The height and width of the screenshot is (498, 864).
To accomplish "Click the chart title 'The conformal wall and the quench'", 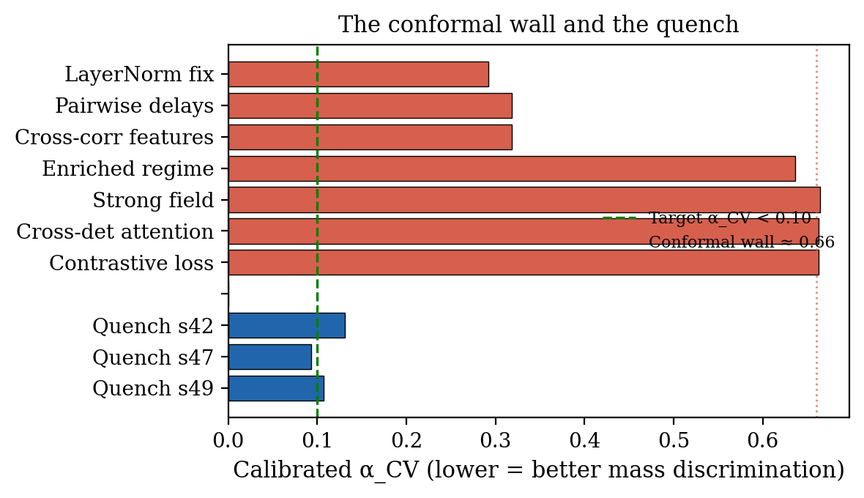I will coord(538,25).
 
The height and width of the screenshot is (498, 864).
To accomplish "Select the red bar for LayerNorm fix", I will coord(358,74).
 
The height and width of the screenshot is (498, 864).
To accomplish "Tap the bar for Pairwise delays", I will coord(370,105).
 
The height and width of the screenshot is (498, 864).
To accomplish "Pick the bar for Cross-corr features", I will coord(370,137).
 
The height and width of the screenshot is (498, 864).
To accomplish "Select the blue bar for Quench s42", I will coord(286,325).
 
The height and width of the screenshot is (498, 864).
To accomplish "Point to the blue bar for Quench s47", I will coord(269,357).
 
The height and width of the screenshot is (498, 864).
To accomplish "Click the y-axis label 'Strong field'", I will coord(153,200).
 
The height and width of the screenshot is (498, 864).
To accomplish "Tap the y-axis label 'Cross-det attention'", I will coord(115,231).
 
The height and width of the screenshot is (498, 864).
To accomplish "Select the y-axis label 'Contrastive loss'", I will coord(131,263).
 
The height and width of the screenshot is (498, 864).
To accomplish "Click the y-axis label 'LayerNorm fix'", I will coord(139,74).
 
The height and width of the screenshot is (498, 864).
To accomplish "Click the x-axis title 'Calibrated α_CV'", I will coord(538,469).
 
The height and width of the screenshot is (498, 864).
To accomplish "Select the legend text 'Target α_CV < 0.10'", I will coord(729,218).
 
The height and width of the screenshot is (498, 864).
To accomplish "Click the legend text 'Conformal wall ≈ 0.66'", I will coord(741,242).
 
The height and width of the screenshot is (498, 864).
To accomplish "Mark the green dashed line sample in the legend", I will coord(619,218).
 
